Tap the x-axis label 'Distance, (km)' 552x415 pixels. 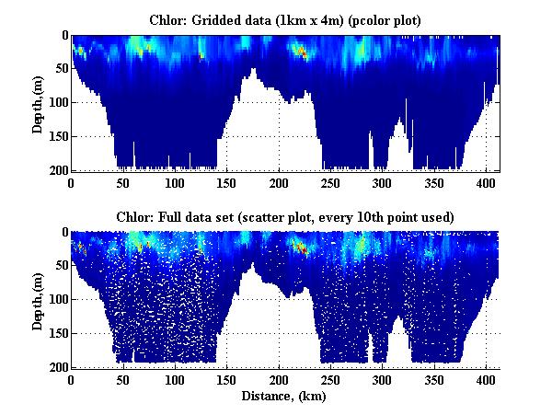point(285,397)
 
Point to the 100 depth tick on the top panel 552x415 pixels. point(57,103)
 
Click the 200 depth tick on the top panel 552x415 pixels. point(57,170)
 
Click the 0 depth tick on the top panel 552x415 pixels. point(63,36)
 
